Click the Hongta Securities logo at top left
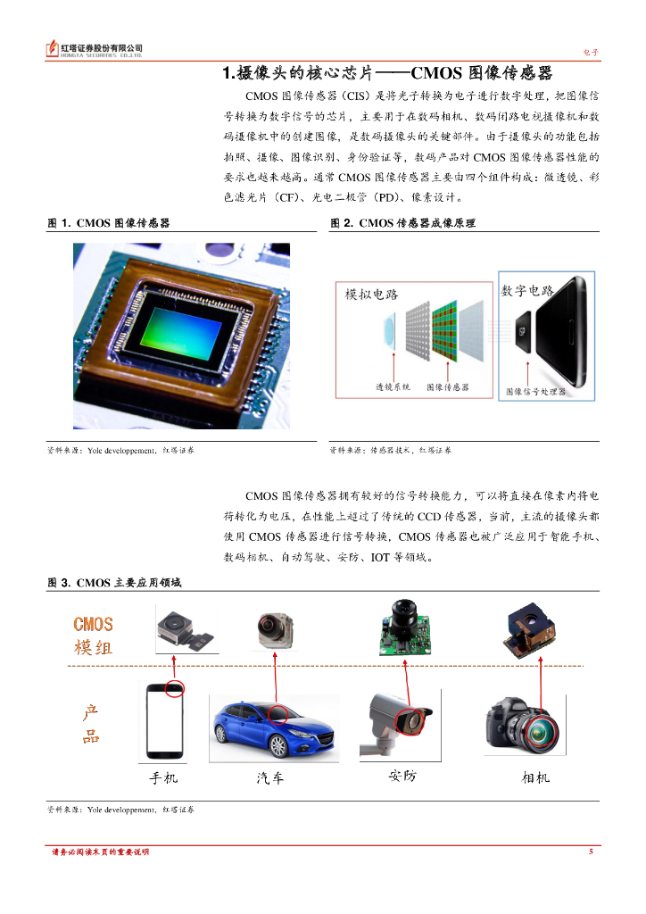pyautogui.click(x=94, y=49)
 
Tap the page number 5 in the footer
pyautogui.click(x=591, y=852)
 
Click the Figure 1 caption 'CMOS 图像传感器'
pyautogui.click(x=123, y=222)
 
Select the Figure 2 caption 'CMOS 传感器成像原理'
pyautogui.click(x=417, y=222)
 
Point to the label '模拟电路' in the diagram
pyautogui.click(x=372, y=295)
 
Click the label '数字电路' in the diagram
pyautogui.click(x=527, y=290)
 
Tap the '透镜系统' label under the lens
pyautogui.click(x=393, y=386)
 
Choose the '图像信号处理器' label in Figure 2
pyautogui.click(x=536, y=392)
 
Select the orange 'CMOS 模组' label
pyautogui.click(x=93, y=636)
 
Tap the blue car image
pyautogui.click(x=274, y=729)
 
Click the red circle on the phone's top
pyautogui.click(x=175, y=688)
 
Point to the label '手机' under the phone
pyautogui.click(x=163, y=777)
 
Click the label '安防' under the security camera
pyautogui.click(x=402, y=776)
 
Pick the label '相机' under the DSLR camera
pyautogui.click(x=535, y=777)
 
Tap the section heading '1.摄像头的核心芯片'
pyautogui.click(x=298, y=73)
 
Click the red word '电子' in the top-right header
pyautogui.click(x=591, y=53)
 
